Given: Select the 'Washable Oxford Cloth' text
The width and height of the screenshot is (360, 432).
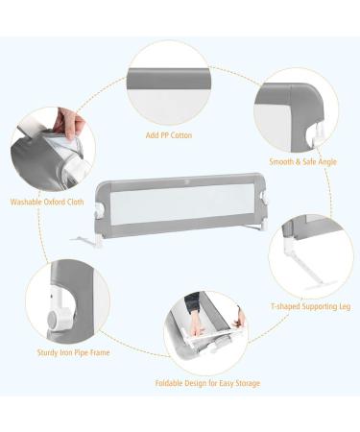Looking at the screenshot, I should (46, 203).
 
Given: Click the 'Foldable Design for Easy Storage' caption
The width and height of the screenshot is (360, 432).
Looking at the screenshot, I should (208, 383).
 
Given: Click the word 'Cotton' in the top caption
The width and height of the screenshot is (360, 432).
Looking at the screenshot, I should (181, 135).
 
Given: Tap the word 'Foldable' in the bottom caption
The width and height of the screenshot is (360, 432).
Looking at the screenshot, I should (171, 383).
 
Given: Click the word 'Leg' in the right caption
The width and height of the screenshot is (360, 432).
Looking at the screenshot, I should (339, 306).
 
